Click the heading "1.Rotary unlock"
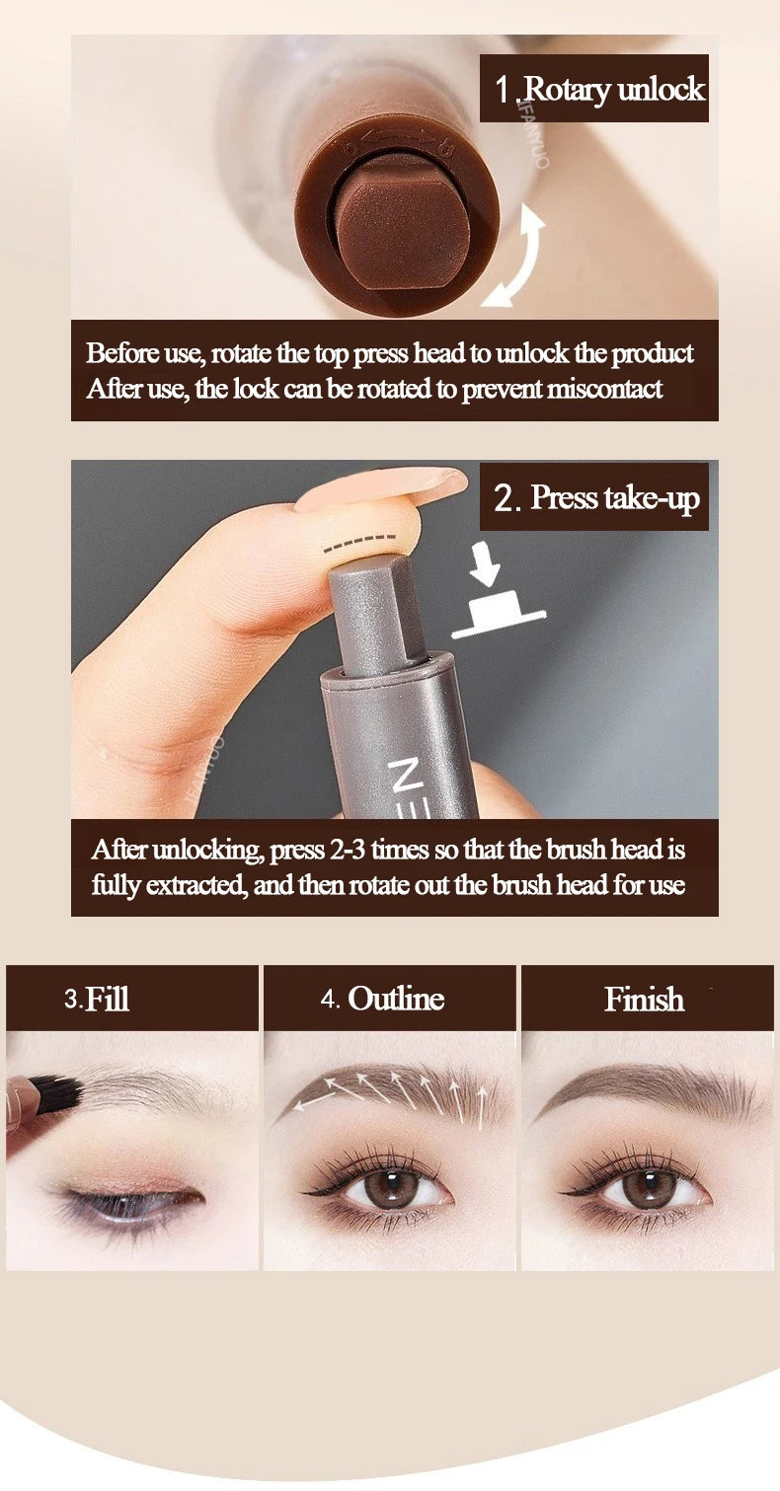tap(598, 89)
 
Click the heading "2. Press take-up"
tap(596, 498)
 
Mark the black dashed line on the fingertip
tap(358, 543)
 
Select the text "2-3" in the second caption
tap(347, 850)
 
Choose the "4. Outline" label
tap(382, 999)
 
